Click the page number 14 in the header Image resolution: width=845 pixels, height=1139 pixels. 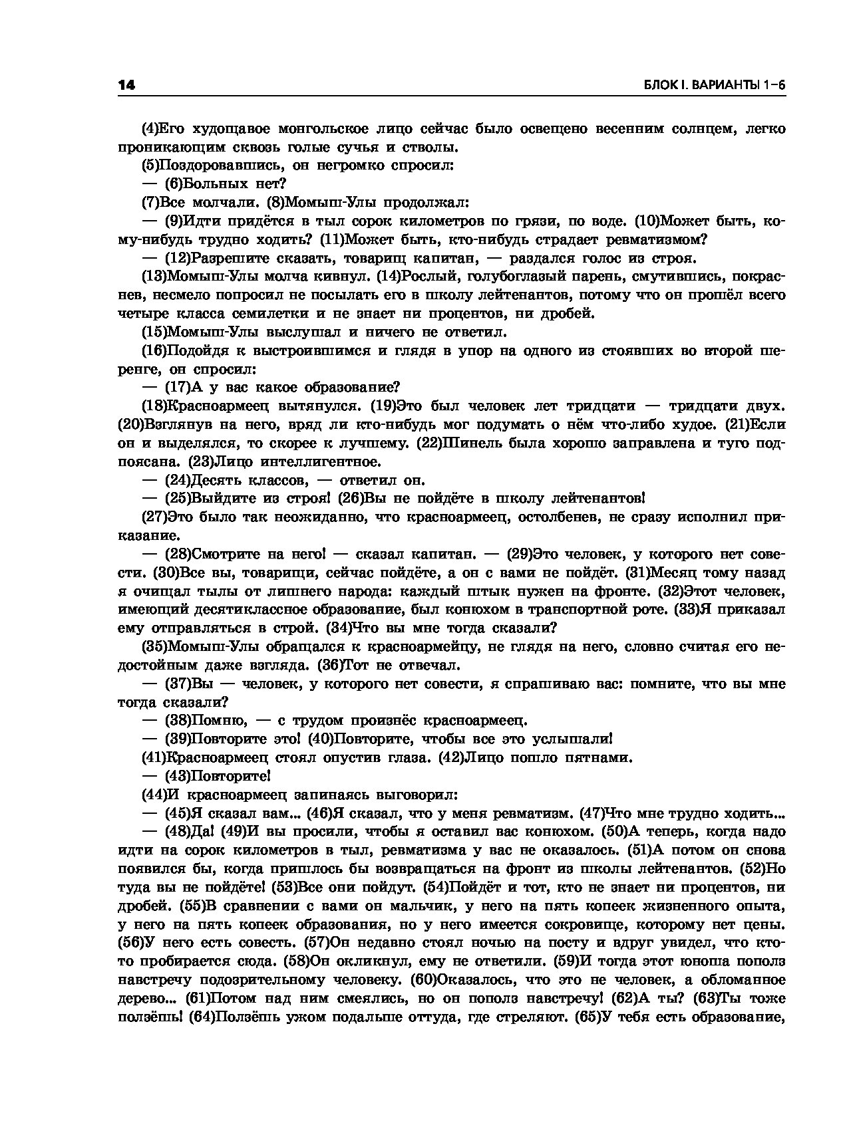pos(126,85)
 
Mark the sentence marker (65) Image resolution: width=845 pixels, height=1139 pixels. pos(588,1017)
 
